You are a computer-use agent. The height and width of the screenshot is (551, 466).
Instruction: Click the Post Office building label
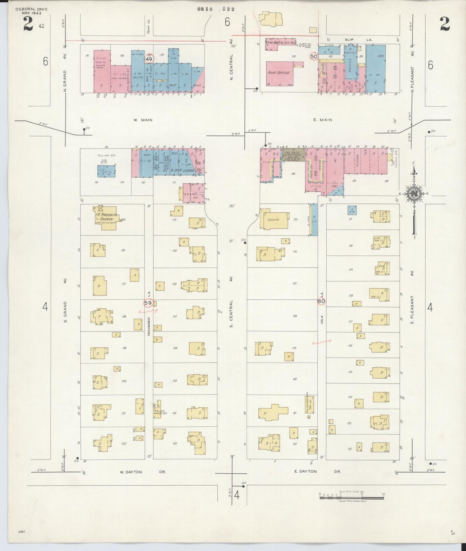pos(278,73)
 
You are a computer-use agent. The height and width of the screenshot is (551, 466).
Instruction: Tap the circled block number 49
pos(149,59)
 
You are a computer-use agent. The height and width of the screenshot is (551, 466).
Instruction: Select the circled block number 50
pos(313,56)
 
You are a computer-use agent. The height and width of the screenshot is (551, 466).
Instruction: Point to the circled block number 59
pos(148,303)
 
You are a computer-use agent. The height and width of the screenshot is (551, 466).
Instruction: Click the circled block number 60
pos(321,301)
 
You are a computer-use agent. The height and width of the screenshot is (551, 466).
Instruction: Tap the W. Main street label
pos(143,120)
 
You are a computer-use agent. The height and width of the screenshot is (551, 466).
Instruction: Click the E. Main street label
pos(322,120)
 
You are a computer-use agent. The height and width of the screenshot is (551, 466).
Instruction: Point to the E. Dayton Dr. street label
pos(317,471)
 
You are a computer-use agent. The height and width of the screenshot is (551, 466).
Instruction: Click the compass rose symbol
pos(414,194)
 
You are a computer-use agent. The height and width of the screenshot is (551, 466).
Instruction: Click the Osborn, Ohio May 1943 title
pos(31,11)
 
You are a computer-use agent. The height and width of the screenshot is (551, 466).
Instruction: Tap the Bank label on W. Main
pos(197,85)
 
